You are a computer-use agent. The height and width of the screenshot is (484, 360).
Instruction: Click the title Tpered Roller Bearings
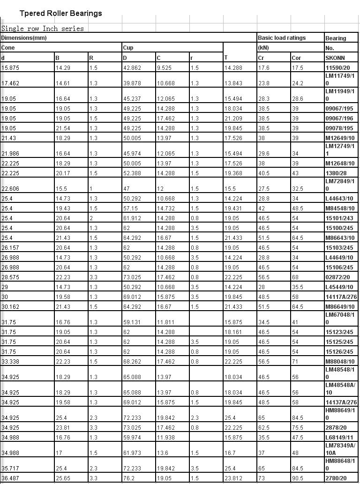tap(60, 13)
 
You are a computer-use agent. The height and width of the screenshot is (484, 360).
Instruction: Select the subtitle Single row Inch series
tap(43, 29)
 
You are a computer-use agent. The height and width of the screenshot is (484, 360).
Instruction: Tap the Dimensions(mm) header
tap(24, 38)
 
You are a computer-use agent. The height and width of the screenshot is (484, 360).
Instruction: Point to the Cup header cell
tap(128, 48)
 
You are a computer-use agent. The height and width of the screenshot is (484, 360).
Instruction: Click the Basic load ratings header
tap(282, 38)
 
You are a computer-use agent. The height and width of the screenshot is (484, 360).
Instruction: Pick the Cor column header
tap(296, 58)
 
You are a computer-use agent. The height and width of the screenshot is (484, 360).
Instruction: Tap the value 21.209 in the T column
tap(233, 119)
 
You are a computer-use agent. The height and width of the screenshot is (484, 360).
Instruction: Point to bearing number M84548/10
tap(340, 208)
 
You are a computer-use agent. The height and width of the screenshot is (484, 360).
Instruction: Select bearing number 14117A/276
tap(341, 297)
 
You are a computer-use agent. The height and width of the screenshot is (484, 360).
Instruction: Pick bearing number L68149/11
tap(339, 438)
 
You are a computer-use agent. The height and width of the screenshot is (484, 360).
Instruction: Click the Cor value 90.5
tap(297, 478)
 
